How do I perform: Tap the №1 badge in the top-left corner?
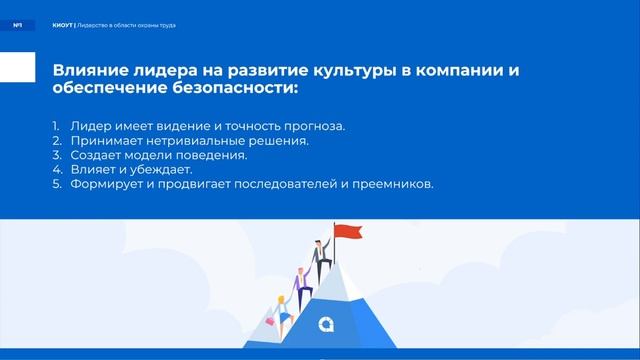[x=17, y=24]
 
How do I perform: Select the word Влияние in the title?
[x=86, y=71]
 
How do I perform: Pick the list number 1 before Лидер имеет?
[x=56, y=126]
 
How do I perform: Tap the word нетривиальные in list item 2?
[x=190, y=141]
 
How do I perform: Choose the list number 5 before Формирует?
[x=57, y=184]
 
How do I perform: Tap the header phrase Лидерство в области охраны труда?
[x=127, y=24]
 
